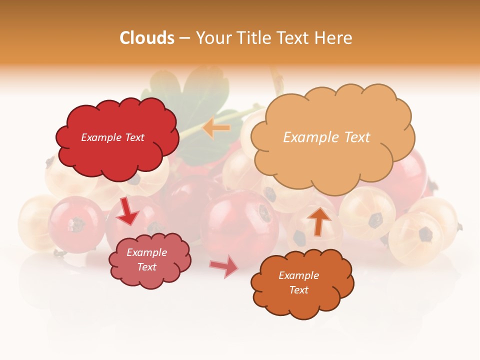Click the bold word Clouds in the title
pos(147,38)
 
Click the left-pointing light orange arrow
pos(216,128)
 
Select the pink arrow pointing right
pos(224,267)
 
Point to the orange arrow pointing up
pos(318,220)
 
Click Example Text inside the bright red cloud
pos(112,137)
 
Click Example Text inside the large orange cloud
pos(326,137)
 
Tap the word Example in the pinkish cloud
pos(146,252)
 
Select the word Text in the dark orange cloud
pos(298,290)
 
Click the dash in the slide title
pos(184,38)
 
